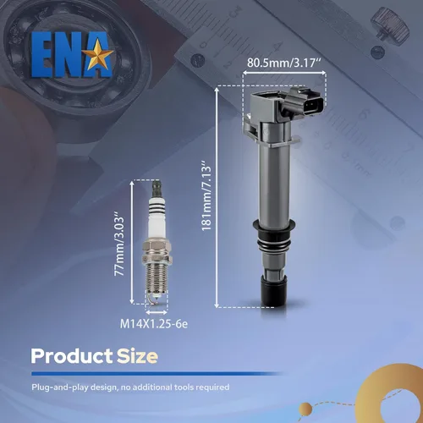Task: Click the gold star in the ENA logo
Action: [x=99, y=54]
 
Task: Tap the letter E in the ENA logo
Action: [x=43, y=54]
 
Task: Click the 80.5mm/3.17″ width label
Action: [x=284, y=63]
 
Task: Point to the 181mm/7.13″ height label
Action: [x=206, y=195]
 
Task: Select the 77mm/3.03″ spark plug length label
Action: [x=119, y=246]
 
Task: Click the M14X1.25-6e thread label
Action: [x=154, y=324]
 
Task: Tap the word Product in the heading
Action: [x=72, y=356]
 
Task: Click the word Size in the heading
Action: [x=137, y=356]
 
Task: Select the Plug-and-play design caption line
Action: [x=130, y=387]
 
